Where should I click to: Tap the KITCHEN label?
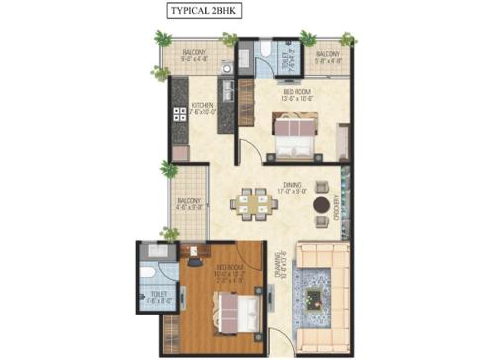(204, 105)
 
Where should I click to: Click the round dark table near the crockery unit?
(321, 205)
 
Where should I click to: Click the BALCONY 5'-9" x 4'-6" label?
(329, 57)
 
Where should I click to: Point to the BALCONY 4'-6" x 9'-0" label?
(190, 205)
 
